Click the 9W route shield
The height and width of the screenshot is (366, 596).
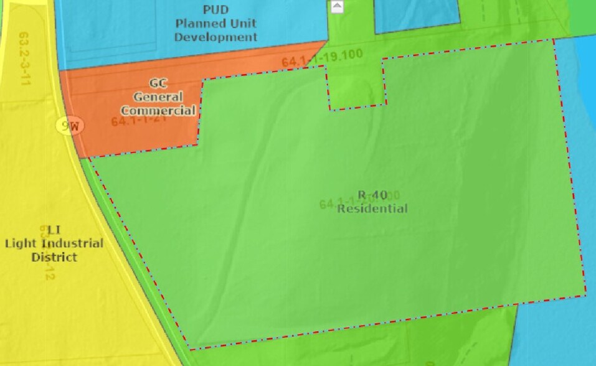70,126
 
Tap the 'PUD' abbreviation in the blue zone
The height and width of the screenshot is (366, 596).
215,9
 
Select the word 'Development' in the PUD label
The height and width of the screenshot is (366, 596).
215,37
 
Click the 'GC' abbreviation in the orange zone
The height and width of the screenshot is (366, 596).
158,83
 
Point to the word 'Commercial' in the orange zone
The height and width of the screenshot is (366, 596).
158,111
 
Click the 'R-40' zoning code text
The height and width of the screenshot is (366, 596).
372,195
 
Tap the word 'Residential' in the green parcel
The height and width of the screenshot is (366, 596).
372,209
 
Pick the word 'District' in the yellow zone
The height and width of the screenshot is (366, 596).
54,257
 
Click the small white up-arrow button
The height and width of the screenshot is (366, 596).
337,7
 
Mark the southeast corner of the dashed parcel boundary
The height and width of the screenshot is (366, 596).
585,294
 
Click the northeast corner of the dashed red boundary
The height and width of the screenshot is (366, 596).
554,40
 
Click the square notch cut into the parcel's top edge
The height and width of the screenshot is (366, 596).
356,87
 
